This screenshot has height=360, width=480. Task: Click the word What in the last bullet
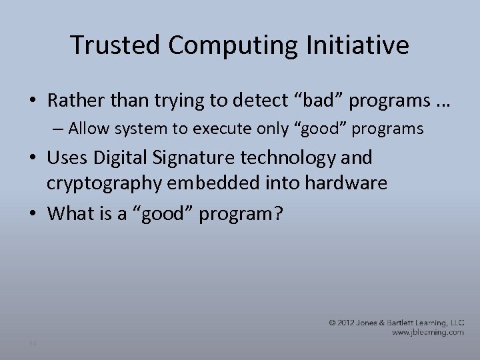[x=70, y=213]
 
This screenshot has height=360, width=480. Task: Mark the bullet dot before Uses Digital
[x=33, y=159]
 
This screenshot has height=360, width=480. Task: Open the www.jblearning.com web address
[x=427, y=332]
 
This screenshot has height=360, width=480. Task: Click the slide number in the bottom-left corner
[x=32, y=343]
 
